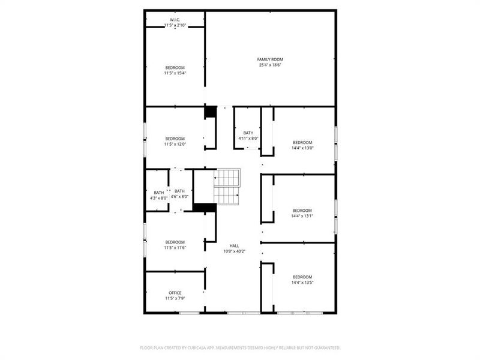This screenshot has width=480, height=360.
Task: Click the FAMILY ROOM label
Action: coord(270,59)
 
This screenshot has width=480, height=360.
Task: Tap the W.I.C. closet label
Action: coord(175,20)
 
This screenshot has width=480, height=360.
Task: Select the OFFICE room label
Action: coord(175,293)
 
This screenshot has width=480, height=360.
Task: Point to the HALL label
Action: coord(235,246)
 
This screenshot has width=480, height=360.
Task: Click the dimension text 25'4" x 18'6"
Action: coord(270,65)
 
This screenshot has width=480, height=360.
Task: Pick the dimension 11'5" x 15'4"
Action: coord(175,73)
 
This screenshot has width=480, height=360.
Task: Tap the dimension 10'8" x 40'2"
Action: coord(235,251)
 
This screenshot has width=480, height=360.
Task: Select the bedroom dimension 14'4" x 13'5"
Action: coord(302,283)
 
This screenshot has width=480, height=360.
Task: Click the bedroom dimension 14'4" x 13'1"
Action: coord(302,216)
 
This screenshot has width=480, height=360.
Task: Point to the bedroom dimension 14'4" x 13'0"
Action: coord(302,148)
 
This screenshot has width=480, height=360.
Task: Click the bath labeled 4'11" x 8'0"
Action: coord(248,136)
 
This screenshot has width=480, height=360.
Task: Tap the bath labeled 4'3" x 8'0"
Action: coord(158,195)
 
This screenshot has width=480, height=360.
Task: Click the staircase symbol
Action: coord(227,187)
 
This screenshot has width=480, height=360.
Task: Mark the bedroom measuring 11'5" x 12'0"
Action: coord(175,141)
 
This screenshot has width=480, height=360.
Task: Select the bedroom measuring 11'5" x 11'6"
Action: coord(175,245)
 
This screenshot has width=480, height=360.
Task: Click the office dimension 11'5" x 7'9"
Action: coord(175,298)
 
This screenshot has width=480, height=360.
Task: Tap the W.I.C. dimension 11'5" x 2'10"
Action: coord(175,25)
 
